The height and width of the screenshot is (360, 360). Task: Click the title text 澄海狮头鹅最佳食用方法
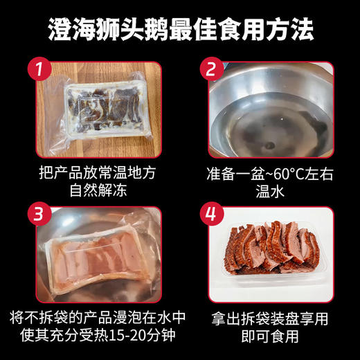pyautogui.click(x=181, y=28)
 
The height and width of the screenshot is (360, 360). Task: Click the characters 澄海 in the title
pyautogui.click(x=69, y=28)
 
